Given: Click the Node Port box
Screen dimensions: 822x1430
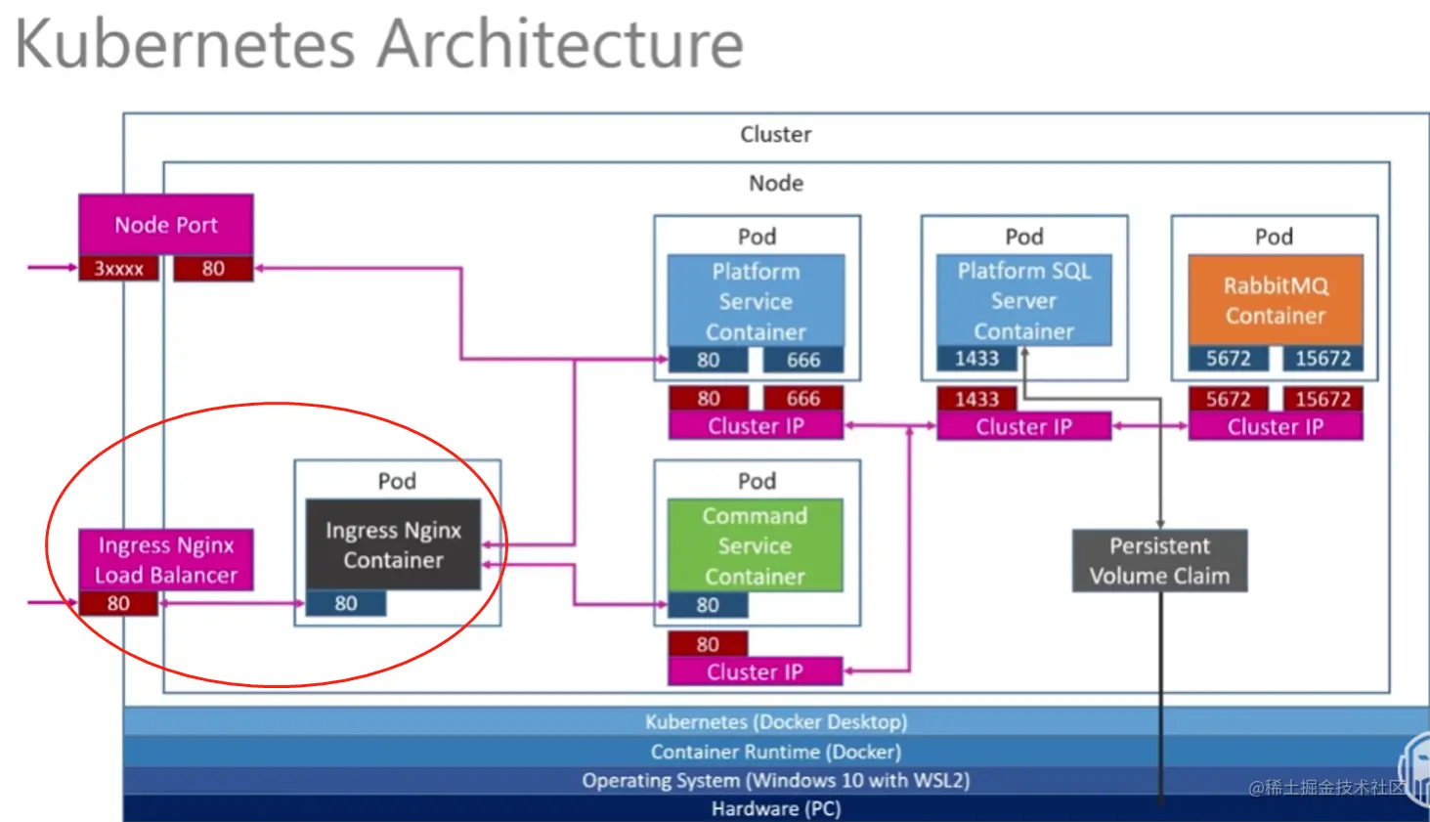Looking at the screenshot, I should pos(166,225).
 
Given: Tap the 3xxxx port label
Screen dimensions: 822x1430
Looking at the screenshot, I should pos(118,269).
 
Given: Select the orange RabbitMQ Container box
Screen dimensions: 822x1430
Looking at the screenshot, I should pos(1276,300).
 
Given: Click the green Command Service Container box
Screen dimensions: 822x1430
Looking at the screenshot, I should pos(755,544).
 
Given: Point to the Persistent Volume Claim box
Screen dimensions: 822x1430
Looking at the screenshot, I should pos(1159,560).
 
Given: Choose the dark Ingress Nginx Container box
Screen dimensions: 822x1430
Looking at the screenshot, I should pos(393,544).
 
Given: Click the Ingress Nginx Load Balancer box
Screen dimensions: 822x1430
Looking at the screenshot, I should pos(166,559).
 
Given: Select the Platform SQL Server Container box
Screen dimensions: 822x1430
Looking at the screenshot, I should pos(1023,300).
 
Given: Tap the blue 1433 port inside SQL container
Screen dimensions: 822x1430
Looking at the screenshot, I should pos(976,359).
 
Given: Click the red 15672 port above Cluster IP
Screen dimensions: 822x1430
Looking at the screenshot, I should pos(1322,399).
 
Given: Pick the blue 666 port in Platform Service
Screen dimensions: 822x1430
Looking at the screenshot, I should pos(803,360).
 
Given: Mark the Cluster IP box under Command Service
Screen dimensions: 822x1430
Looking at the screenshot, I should pos(755,671).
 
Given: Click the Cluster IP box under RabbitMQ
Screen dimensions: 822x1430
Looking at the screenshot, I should pos(1275,426).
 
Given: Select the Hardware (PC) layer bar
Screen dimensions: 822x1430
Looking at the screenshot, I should pos(775,808).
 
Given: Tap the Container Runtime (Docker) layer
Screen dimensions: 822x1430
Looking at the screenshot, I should pos(775,752).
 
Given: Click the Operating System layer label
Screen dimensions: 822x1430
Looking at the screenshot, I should pos(775,780).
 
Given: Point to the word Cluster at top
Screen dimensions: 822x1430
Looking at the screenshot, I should pos(775,134).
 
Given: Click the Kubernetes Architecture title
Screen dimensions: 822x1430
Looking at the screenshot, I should pos(379,44).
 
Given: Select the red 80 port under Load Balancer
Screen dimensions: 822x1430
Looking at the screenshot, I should pos(118,603).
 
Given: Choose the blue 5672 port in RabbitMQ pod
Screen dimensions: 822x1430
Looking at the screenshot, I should pos(1228,359).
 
